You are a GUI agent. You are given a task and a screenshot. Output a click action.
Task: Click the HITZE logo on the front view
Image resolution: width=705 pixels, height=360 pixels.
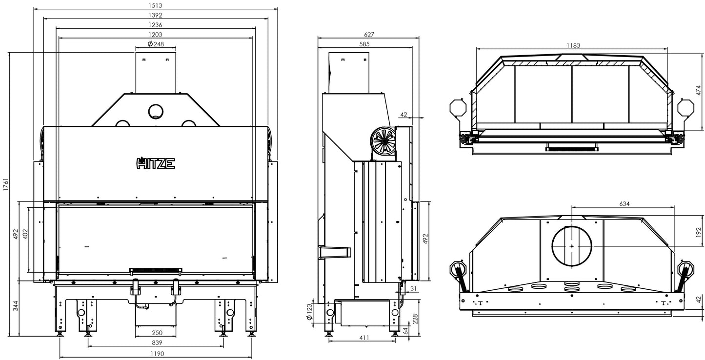(155, 163)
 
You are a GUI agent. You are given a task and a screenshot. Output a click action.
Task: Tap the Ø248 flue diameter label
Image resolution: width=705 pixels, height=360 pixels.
(155, 44)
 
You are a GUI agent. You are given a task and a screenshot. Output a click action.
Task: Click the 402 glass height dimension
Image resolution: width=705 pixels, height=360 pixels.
(24, 234)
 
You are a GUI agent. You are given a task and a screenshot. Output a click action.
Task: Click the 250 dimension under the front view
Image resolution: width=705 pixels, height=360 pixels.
(156, 333)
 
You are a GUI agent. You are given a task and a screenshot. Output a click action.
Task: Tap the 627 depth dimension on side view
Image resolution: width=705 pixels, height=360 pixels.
(369, 35)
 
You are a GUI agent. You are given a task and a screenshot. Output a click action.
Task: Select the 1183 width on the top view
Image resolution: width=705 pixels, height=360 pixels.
(573, 45)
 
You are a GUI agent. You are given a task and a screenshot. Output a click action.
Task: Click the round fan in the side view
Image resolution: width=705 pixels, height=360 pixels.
(383, 140)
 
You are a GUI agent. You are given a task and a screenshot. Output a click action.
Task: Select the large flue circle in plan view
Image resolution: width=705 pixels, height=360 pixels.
(572, 246)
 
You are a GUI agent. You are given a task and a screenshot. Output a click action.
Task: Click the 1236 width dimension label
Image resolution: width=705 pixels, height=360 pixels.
(156, 25)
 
